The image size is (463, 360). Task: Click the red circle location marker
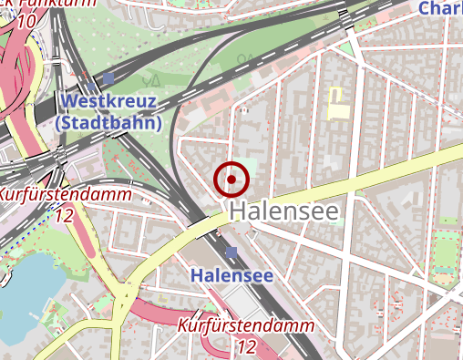click(231, 180)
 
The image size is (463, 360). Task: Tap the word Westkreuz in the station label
click(108, 101)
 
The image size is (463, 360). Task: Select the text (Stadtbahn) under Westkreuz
click(108, 122)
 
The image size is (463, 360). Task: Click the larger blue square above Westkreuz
click(109, 79)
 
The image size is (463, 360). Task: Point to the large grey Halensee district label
click(283, 211)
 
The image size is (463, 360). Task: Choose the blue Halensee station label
click(231, 274)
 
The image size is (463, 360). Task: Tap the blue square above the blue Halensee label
click(231, 252)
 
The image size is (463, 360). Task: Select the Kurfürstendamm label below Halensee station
click(246, 325)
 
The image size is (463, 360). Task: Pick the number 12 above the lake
click(64, 216)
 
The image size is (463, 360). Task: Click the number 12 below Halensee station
click(246, 346)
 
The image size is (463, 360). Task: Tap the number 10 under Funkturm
click(27, 20)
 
